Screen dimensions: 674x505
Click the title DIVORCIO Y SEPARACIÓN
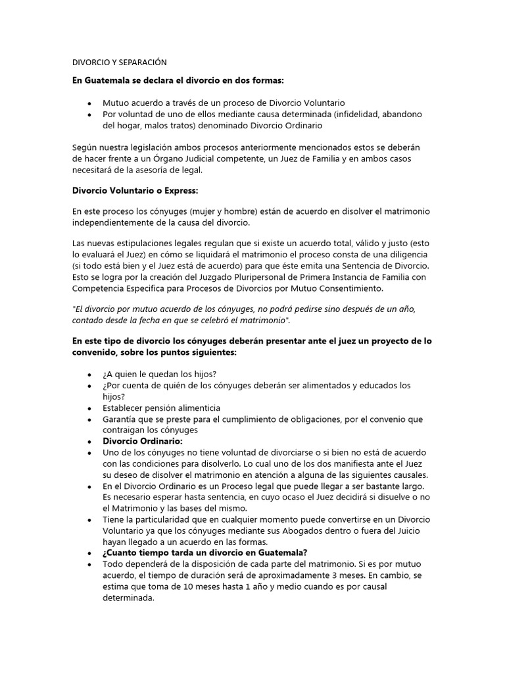coord(119,63)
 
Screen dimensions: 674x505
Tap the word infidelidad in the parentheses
coord(360,114)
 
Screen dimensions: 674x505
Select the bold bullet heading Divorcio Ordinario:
coord(143,441)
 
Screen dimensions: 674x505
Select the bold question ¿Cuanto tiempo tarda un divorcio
coord(204,552)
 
